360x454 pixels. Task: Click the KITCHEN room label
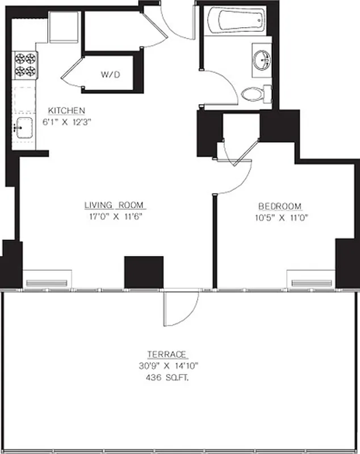point(66,110)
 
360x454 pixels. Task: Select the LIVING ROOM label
point(114,205)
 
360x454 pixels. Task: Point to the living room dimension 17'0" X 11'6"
point(114,216)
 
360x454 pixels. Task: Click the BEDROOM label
point(280,206)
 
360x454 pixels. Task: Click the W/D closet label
point(110,74)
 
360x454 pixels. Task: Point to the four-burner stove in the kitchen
point(25,65)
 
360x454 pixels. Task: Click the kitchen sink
point(22,129)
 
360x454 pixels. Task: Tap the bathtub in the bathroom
point(236,21)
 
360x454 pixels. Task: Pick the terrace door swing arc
point(181,309)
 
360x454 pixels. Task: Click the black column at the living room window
point(144,272)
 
